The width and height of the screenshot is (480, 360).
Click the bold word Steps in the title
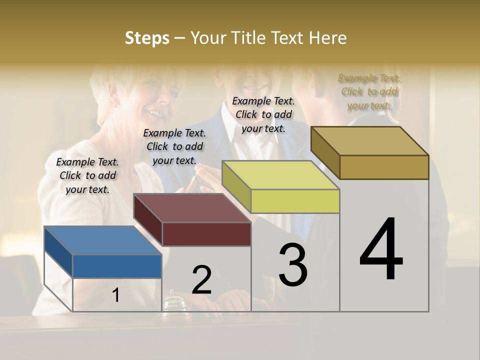[x=147, y=38]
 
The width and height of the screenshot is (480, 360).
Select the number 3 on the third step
[x=293, y=264]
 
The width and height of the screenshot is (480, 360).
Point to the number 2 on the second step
[x=201, y=280]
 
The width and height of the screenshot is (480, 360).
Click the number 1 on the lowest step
[x=116, y=295]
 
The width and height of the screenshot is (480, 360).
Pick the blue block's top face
[x=103, y=240]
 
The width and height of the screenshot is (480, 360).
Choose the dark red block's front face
[x=206, y=234]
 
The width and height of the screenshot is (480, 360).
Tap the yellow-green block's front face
[x=295, y=201]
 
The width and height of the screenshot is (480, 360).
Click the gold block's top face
[x=370, y=140]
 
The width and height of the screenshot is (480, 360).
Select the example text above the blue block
[x=87, y=175]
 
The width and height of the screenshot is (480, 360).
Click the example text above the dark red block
[x=174, y=146]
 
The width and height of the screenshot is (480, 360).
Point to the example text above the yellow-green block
[x=263, y=114]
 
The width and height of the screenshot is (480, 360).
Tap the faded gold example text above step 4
[x=369, y=91]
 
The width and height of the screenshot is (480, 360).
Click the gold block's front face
[x=384, y=167]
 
